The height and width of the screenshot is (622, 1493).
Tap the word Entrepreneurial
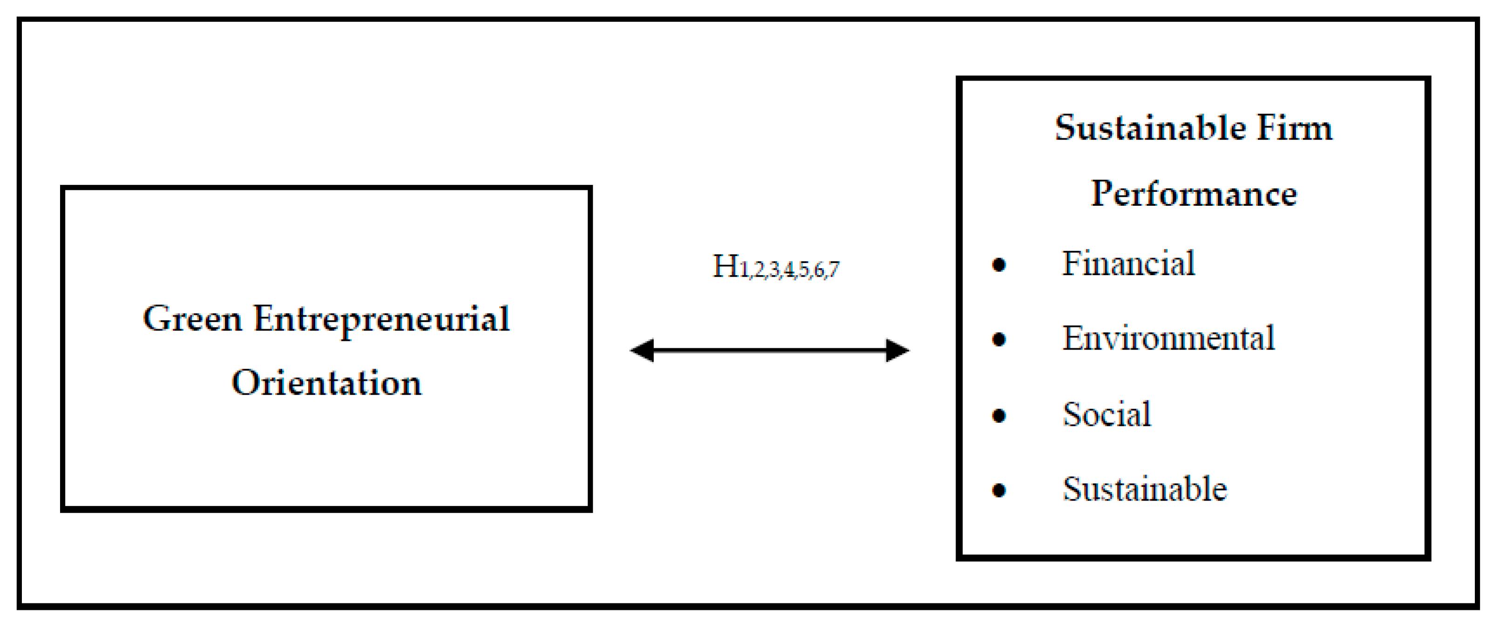(x=381, y=320)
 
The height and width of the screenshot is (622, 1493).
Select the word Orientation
(x=326, y=383)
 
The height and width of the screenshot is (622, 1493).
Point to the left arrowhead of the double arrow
(x=642, y=350)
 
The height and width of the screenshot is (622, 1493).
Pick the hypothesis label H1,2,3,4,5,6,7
(x=775, y=267)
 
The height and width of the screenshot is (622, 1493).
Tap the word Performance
(x=1194, y=194)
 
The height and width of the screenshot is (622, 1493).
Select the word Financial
(x=1128, y=264)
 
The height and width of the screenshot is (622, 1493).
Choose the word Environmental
(x=1168, y=338)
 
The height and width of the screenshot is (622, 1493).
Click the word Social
(x=1106, y=414)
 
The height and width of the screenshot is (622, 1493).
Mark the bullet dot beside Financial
(x=998, y=265)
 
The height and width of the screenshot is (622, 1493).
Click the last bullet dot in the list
(x=998, y=490)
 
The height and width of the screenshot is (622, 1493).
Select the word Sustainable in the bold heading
(x=1150, y=128)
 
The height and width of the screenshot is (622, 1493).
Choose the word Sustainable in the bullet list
(x=1144, y=489)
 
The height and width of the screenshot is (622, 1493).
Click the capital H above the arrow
(x=725, y=267)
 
